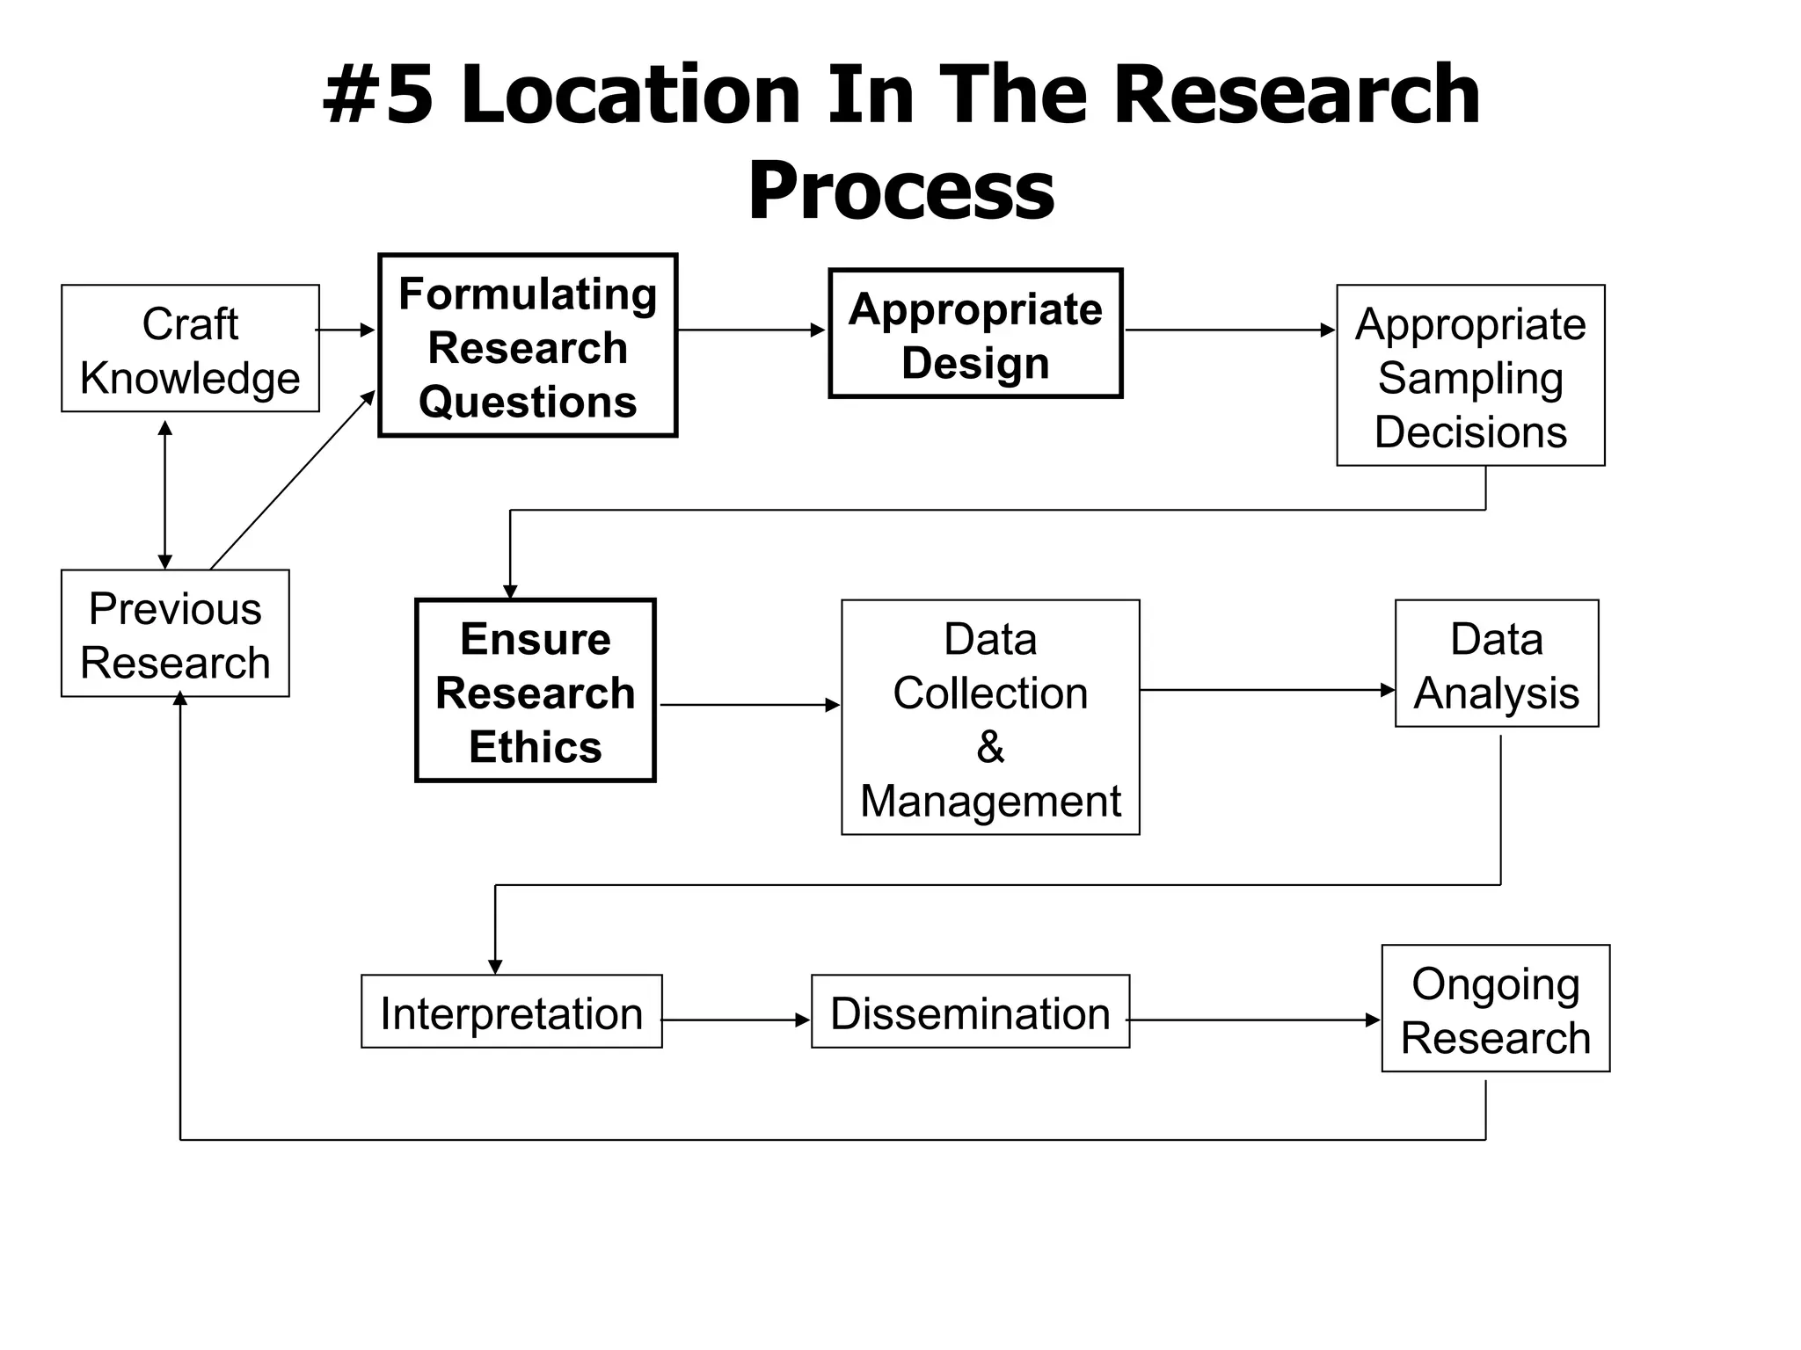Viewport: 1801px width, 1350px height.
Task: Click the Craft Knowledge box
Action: tap(190, 349)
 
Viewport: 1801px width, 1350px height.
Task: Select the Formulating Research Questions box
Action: tap(528, 345)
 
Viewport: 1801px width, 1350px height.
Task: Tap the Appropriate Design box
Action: tap(975, 334)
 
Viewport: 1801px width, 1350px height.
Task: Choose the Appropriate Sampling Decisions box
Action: tap(1470, 375)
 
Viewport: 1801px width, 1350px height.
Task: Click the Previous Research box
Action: tap(175, 634)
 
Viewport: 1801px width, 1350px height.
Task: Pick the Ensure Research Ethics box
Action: tap(536, 691)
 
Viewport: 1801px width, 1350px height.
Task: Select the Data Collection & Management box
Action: tap(990, 717)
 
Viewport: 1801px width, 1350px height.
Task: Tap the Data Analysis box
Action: tap(1497, 664)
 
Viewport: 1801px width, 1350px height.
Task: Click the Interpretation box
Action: tap(511, 1012)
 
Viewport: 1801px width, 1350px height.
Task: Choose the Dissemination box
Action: tap(970, 1012)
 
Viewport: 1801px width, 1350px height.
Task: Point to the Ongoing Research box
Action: tap(1496, 1009)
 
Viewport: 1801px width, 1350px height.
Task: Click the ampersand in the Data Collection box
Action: tap(990, 747)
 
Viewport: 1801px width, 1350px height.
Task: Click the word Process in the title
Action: tap(900, 191)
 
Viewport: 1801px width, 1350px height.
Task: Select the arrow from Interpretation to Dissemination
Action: tap(736, 1020)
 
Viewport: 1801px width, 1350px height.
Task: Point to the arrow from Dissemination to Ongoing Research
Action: tap(1254, 1020)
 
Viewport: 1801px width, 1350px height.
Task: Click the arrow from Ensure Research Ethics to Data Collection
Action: tap(749, 705)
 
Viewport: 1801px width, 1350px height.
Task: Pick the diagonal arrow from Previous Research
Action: tap(292, 481)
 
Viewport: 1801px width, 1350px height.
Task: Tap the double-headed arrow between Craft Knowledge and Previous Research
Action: tap(165, 495)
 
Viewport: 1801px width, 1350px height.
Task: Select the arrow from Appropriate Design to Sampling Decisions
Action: tap(1229, 330)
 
